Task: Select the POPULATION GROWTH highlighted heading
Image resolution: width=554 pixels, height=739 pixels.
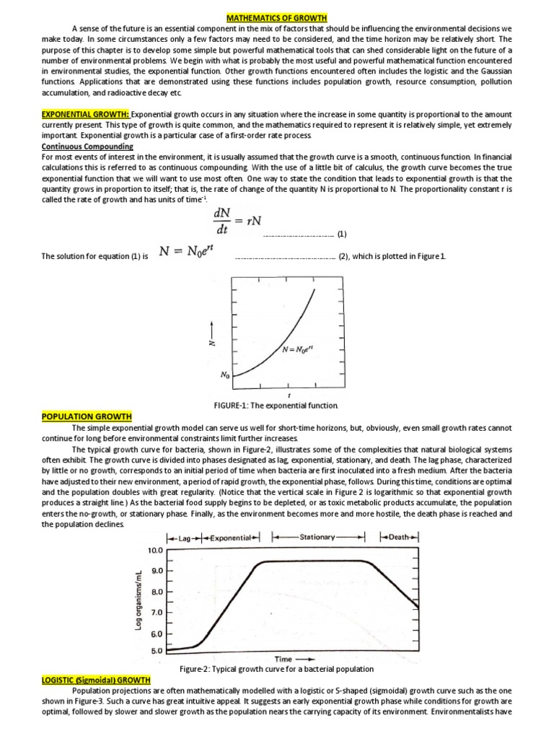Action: pyautogui.click(x=87, y=416)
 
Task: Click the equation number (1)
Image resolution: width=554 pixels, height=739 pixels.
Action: pyautogui.click(x=342, y=235)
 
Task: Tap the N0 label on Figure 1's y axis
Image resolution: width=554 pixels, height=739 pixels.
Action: pyautogui.click(x=224, y=375)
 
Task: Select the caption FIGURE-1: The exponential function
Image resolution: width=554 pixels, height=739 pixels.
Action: pyautogui.click(x=276, y=406)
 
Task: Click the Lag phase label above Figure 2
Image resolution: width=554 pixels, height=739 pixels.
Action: pyautogui.click(x=182, y=537)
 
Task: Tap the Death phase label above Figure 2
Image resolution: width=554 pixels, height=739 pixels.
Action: pyautogui.click(x=399, y=537)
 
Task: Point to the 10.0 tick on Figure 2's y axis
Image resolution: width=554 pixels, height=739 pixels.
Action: pyautogui.click(x=156, y=550)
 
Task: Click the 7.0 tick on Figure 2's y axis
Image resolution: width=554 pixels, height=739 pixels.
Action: pyautogui.click(x=157, y=612)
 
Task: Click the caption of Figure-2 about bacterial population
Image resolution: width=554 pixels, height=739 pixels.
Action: pyautogui.click(x=276, y=669)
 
